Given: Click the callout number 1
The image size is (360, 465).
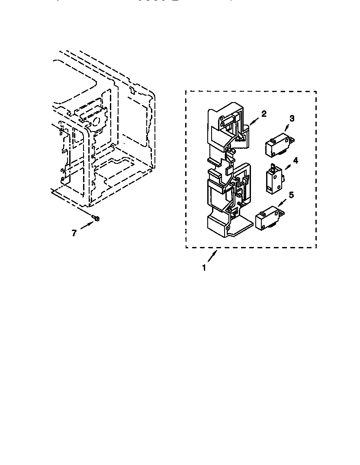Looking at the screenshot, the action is [x=204, y=268].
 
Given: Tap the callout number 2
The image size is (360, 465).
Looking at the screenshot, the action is [x=264, y=114].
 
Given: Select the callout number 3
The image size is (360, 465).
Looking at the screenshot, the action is [x=292, y=118].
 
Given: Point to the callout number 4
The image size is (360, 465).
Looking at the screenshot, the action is [x=296, y=160].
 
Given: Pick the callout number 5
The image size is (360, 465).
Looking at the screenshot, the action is [x=291, y=195].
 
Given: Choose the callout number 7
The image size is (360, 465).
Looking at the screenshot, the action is [x=74, y=233].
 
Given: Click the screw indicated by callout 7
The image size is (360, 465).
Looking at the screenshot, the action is [x=96, y=218].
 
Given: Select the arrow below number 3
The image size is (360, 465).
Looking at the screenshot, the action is [x=287, y=128].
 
